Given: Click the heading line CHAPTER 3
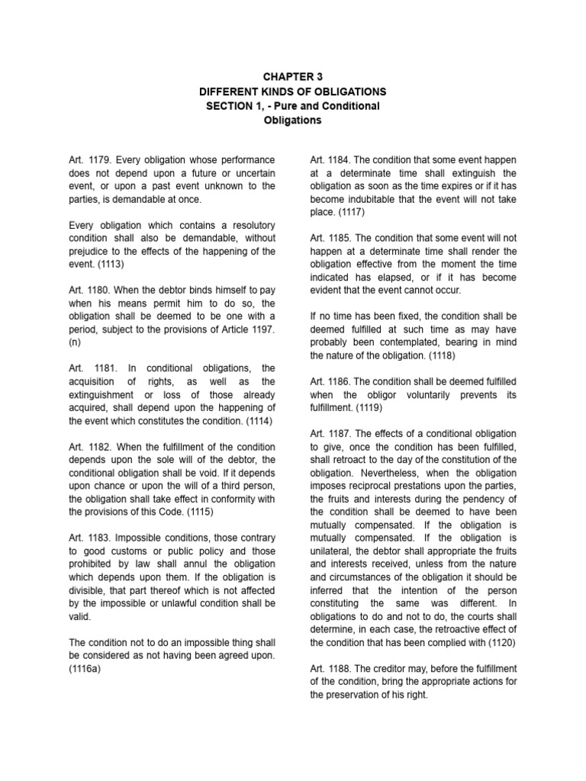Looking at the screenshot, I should click(293, 76).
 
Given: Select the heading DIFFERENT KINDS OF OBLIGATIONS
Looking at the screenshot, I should click(293, 91).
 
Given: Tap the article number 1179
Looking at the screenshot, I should click(101, 160).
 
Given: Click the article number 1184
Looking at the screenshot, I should click(342, 160).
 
